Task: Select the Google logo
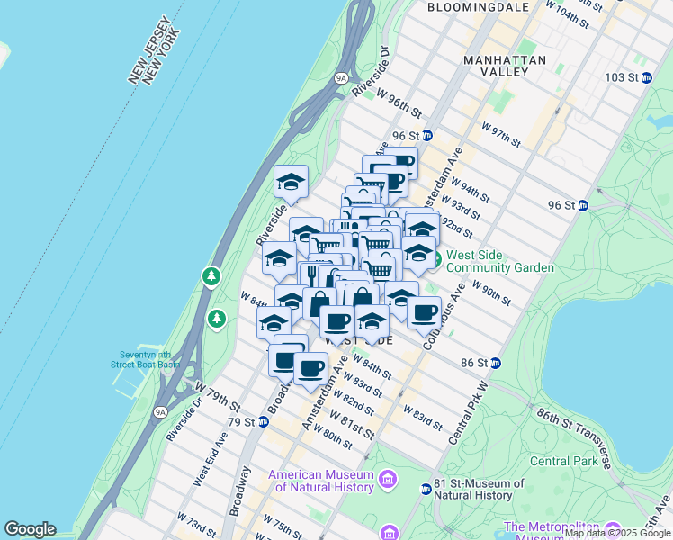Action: pos(30,529)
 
